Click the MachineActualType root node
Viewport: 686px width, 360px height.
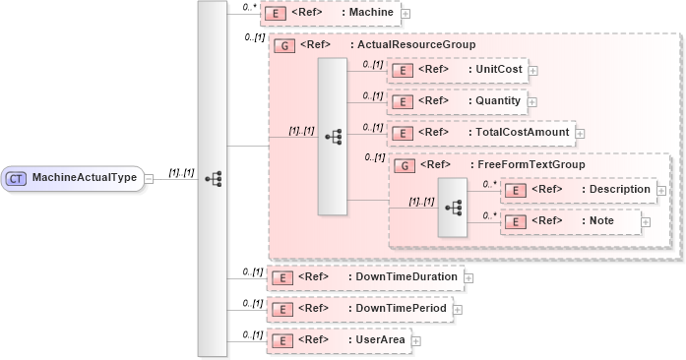click(x=74, y=178)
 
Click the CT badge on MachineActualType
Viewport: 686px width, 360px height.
click(x=17, y=178)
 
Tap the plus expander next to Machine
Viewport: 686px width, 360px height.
click(x=405, y=15)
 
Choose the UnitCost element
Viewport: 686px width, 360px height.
click(x=458, y=70)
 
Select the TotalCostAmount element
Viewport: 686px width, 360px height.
click(x=481, y=133)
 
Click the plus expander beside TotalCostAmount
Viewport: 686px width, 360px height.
click(x=580, y=134)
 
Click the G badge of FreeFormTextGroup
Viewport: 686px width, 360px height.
click(x=403, y=165)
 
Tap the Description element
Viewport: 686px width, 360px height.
click(x=578, y=190)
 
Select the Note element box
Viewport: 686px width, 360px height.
click(x=571, y=222)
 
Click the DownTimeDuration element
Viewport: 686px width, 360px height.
click(x=365, y=278)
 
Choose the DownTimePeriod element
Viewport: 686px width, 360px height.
click(x=359, y=310)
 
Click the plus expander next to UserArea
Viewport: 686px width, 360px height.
click(x=414, y=341)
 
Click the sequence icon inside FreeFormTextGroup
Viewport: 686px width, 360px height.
click(x=453, y=208)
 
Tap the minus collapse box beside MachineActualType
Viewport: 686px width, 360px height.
click(x=149, y=178)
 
